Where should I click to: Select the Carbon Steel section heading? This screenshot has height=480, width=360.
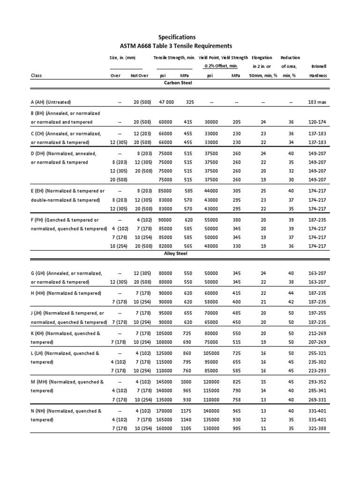pos(178,82)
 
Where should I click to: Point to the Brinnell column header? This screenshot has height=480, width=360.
pos(318,67)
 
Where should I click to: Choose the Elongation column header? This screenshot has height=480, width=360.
pos(262,58)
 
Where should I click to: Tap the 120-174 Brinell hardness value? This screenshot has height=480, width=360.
pos(318,122)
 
